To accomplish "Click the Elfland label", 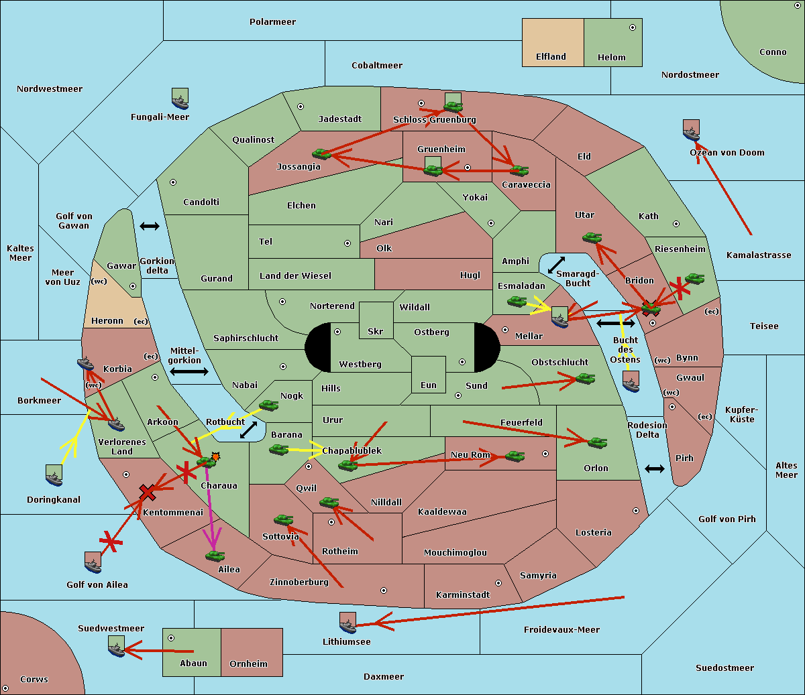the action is (x=551, y=57).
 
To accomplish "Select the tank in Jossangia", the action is (x=322, y=154).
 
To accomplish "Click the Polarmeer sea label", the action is (x=272, y=22).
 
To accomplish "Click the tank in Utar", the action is (x=592, y=237).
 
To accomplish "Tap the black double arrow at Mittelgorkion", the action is (x=189, y=371).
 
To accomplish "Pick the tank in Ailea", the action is (x=215, y=556).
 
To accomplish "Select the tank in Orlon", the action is (x=598, y=443).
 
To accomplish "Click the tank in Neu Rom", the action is (x=515, y=456).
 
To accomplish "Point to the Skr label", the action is (x=375, y=332).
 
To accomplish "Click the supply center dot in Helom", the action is (x=633, y=27).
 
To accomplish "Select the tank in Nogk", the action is (x=269, y=405).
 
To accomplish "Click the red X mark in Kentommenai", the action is (x=147, y=493).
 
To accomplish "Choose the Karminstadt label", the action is (x=463, y=595).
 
